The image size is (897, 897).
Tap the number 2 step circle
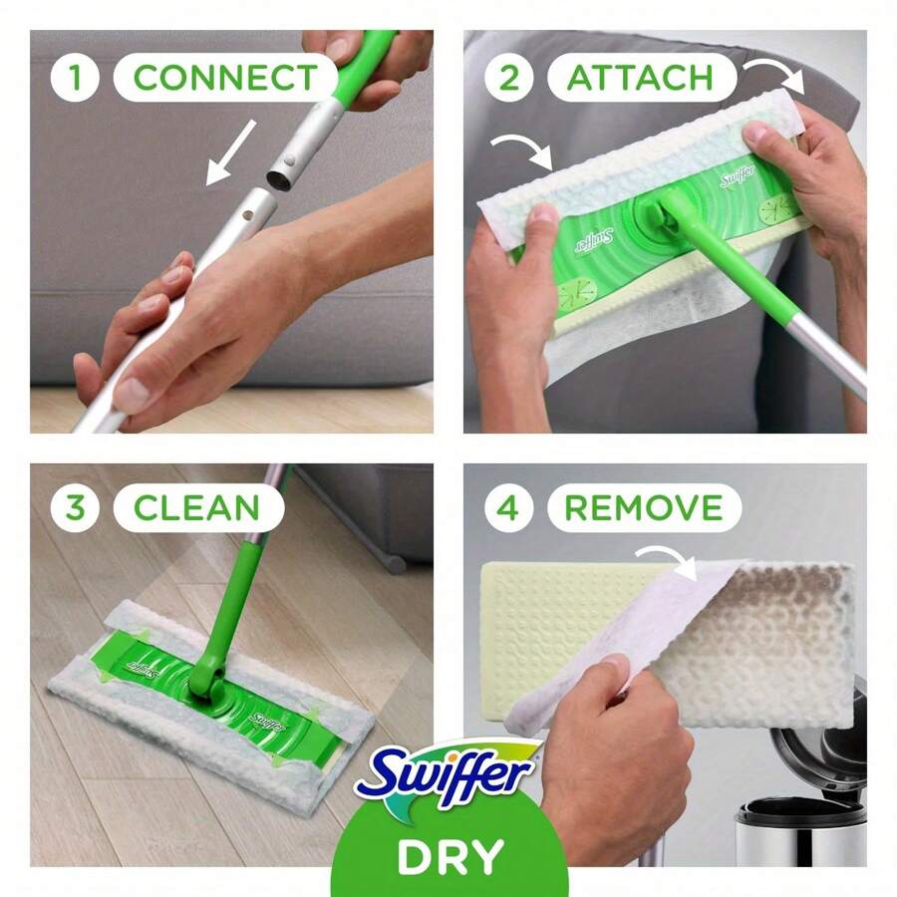[x=509, y=78]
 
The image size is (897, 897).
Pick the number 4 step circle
[x=509, y=507]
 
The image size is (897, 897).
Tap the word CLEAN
[x=198, y=507]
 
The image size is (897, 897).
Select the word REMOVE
[x=643, y=507]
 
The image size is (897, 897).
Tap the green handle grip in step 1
[x=362, y=65]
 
